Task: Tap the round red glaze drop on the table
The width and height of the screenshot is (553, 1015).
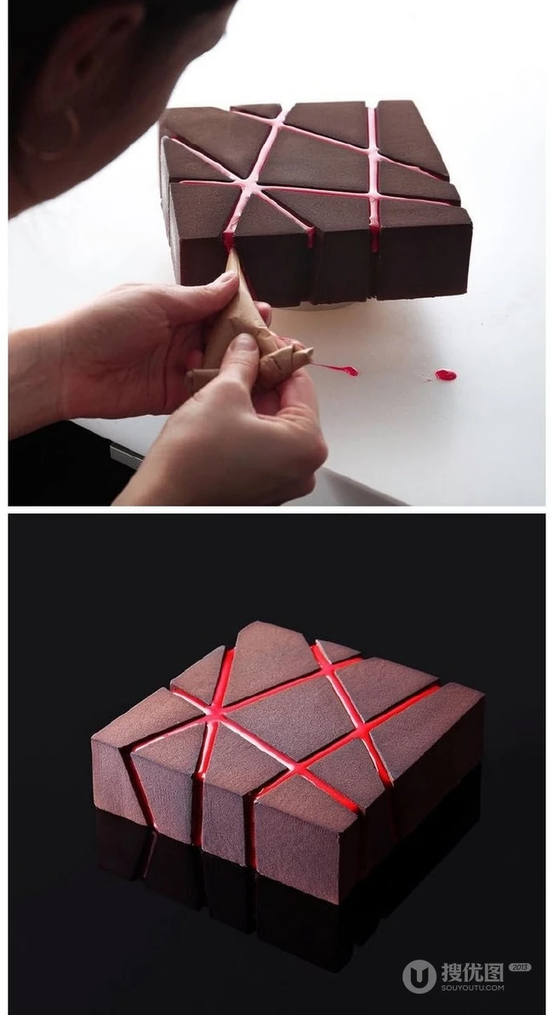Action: coord(446,374)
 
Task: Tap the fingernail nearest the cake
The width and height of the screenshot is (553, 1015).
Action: coord(227,278)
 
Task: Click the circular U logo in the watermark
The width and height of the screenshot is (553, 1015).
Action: coord(419,976)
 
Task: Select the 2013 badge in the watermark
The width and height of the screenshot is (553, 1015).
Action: coord(520,967)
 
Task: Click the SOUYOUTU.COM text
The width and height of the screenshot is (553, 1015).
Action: coord(473,988)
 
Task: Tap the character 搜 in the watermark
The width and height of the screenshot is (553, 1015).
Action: coord(453,972)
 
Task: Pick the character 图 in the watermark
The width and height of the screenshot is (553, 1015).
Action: coord(494,972)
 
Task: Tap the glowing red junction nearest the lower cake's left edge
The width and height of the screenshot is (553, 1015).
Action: coord(214,714)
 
